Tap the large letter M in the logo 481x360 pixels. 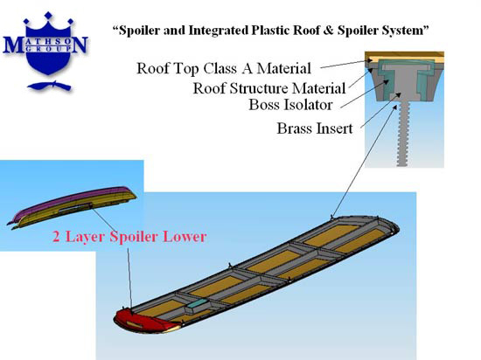tap(13, 45)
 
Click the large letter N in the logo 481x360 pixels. tap(80, 45)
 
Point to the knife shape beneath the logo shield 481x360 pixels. tap(50, 86)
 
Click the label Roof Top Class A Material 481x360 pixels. tap(224, 68)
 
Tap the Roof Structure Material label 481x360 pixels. tap(269, 88)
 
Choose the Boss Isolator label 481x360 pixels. tap(290, 105)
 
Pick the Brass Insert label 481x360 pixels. tap(315, 128)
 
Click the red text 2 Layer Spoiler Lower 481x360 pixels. tap(129, 237)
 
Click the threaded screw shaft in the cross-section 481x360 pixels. tap(404, 134)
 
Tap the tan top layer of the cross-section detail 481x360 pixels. tap(404, 57)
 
